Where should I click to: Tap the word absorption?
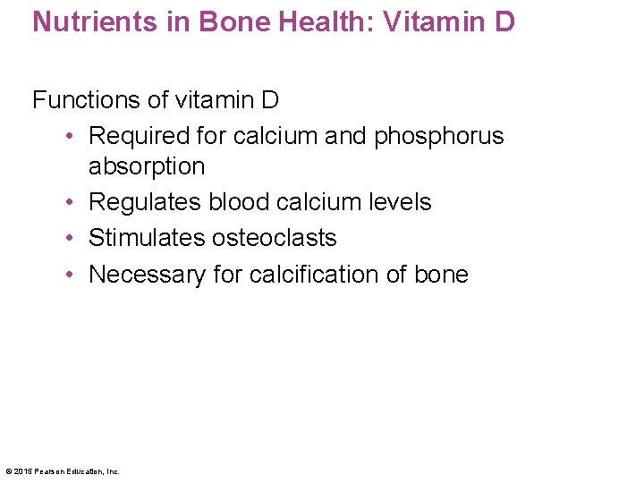[147, 166]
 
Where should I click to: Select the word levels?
[401, 202]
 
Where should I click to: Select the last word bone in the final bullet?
[440, 274]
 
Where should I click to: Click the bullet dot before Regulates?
[69, 203]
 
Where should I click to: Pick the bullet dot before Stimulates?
[69, 239]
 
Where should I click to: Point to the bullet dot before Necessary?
[69, 275]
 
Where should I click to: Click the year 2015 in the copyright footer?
[21, 471]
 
